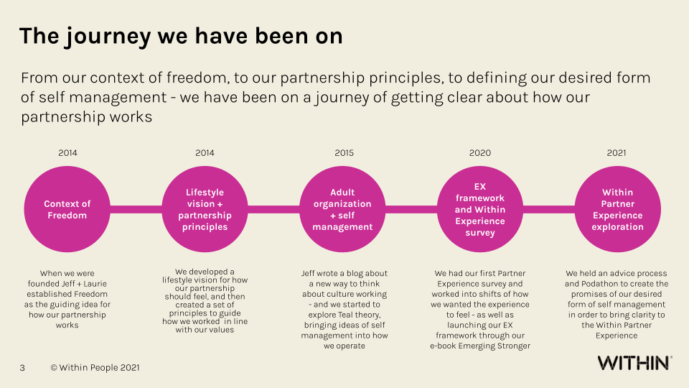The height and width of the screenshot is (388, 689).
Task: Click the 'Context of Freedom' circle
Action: (67, 209)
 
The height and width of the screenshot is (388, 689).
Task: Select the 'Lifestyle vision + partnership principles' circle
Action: (205, 209)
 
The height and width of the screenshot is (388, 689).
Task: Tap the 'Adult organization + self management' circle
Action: (342, 209)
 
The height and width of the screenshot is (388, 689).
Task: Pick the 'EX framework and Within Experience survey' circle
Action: (479, 209)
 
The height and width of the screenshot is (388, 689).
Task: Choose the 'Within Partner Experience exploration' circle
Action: (617, 209)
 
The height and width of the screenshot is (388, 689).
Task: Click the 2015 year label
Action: (344, 152)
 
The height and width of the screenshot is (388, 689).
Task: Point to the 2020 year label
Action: (480, 152)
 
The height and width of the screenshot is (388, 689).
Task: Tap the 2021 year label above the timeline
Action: (616, 152)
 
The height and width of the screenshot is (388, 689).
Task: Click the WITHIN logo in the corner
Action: (634, 363)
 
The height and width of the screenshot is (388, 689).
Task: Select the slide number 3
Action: (22, 368)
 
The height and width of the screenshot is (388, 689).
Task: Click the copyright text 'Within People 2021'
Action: (95, 368)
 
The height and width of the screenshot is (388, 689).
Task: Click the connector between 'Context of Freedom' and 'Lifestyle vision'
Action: (136, 209)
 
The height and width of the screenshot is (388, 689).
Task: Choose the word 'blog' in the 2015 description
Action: (363, 273)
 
